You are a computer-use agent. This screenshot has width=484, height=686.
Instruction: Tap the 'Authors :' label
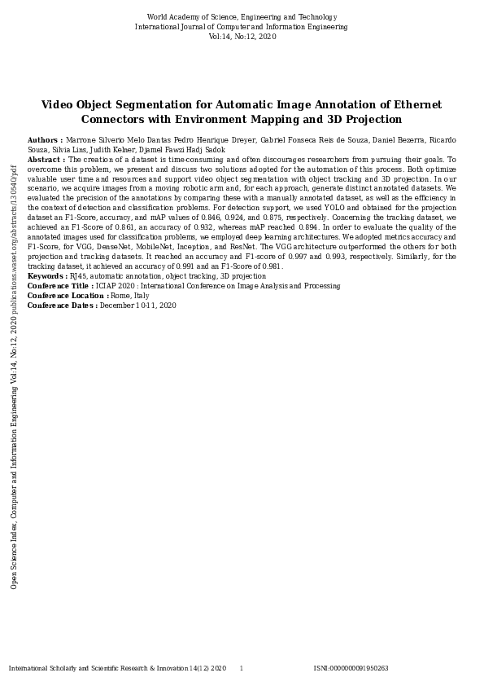tap(45, 140)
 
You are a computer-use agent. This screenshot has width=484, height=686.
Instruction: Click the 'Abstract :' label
tap(46, 160)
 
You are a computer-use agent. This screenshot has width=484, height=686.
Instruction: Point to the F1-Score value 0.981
tap(272, 266)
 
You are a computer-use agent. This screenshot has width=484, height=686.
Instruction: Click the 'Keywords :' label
tap(47, 276)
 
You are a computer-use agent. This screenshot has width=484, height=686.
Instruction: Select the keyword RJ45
tap(79, 276)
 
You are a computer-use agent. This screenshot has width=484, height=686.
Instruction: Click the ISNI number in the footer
tap(351, 669)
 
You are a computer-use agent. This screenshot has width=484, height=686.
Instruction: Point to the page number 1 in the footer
tap(241, 669)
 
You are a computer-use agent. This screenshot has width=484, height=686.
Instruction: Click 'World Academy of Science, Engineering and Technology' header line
tap(242, 17)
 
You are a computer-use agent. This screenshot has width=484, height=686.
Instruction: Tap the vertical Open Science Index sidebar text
tap(14, 375)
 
